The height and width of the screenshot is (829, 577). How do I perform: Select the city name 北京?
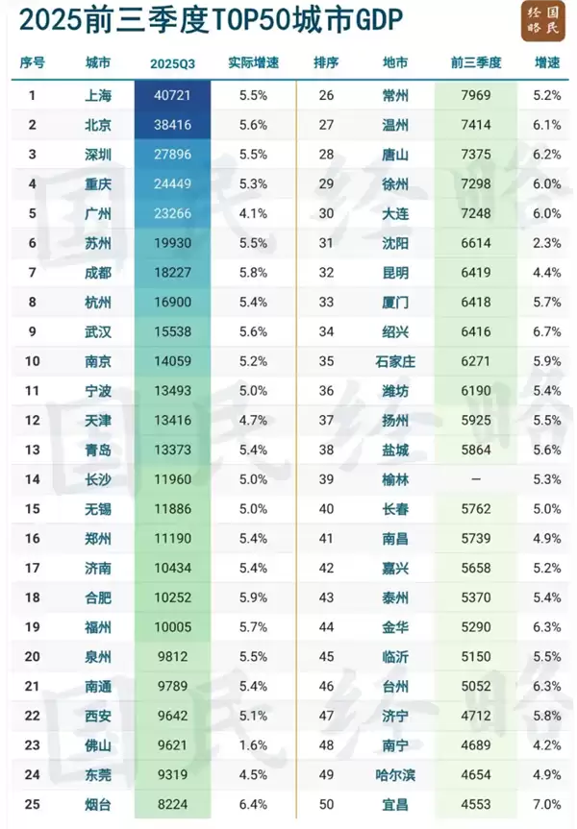(x=97, y=125)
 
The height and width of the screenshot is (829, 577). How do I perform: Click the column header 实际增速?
(x=253, y=63)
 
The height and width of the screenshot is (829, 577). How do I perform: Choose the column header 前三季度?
(x=475, y=63)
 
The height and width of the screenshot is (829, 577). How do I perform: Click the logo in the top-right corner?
(x=544, y=20)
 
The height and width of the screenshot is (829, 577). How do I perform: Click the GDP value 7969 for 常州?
(x=475, y=96)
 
